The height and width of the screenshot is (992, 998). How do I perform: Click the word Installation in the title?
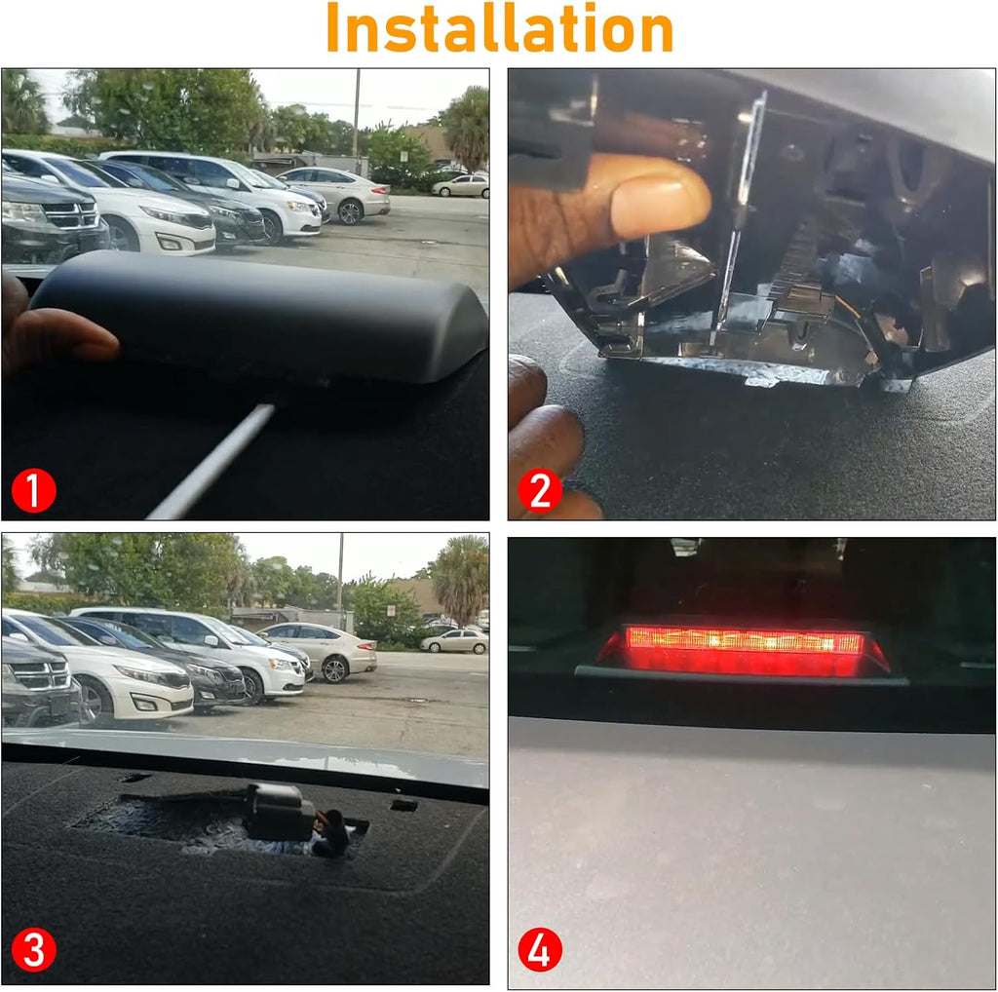tap(500, 28)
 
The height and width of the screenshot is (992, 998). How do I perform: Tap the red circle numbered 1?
tap(34, 490)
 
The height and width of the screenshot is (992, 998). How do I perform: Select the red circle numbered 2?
tap(540, 490)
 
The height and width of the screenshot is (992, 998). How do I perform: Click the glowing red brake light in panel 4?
tap(745, 650)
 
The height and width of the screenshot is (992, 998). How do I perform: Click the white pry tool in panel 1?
tap(211, 462)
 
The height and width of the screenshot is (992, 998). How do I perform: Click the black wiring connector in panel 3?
tap(280, 811)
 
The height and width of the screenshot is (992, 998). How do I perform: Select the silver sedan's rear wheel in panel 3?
tap(334, 669)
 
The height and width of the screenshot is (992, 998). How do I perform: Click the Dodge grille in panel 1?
tap(70, 215)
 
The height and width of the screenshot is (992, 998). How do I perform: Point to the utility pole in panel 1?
tap(356, 113)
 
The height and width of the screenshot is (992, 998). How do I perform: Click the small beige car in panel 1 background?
tap(461, 185)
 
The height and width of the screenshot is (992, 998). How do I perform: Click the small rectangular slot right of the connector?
tap(404, 806)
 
